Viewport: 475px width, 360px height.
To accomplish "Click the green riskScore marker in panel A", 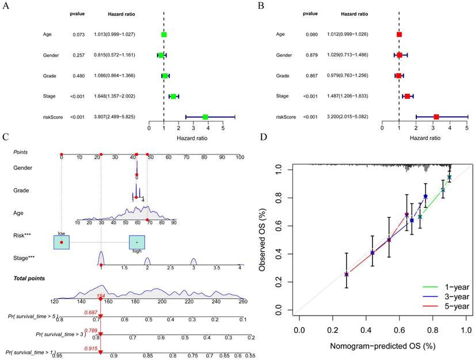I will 205,117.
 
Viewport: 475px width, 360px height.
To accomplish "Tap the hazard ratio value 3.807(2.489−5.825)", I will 113,117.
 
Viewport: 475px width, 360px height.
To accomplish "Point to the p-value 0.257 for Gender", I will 79,55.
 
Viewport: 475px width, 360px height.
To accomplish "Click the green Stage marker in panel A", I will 173,96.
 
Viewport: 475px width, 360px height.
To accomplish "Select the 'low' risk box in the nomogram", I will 61,242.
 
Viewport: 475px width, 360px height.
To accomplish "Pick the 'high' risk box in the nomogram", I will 137,242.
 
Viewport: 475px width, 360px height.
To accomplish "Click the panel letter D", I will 264,138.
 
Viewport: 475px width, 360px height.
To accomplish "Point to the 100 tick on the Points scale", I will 240,157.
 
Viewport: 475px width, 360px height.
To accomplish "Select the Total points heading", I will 29,278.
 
